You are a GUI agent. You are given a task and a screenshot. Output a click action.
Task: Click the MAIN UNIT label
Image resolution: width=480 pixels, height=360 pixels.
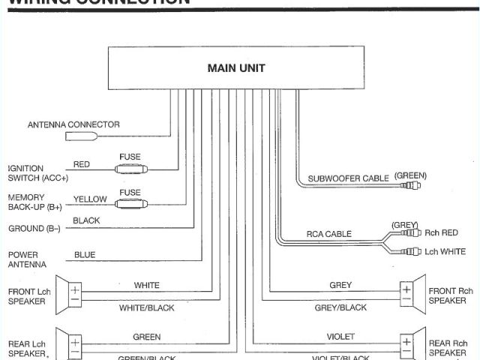point(235,68)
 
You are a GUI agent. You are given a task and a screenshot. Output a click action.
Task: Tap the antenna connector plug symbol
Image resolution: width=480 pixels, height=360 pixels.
point(82,136)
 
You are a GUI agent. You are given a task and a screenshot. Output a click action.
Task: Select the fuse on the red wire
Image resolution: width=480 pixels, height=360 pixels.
point(130,169)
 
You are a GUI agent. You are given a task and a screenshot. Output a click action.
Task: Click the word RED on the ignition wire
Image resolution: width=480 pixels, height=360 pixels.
point(81,164)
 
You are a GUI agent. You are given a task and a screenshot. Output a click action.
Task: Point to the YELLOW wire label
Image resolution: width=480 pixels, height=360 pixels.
point(89,199)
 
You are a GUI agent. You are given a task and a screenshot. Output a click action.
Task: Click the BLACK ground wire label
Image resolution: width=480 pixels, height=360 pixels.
point(86,221)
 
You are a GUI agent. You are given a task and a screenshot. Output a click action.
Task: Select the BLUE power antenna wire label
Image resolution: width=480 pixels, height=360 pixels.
point(85,255)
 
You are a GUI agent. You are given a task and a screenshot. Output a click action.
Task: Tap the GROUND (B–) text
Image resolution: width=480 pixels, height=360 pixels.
point(34,228)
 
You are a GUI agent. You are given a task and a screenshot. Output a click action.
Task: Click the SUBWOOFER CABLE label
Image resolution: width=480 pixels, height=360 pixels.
point(348,178)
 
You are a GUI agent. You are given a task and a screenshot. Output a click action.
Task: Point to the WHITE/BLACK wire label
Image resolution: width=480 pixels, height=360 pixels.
point(145,308)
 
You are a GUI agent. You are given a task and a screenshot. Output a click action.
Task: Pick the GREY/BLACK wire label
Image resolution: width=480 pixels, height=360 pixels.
point(340,308)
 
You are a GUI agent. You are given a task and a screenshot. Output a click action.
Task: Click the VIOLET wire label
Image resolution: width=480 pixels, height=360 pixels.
point(340,337)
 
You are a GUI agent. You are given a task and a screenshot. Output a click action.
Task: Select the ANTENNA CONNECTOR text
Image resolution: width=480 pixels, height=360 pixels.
point(73,124)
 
